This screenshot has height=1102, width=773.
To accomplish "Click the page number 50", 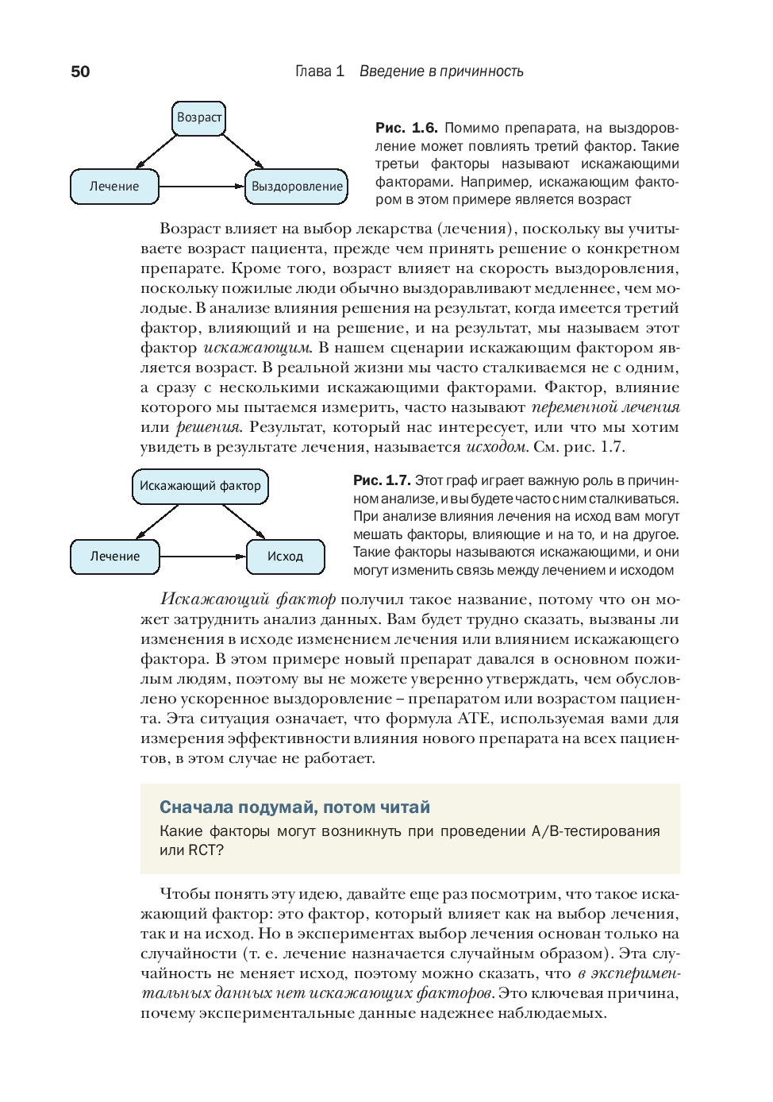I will click(x=80, y=71).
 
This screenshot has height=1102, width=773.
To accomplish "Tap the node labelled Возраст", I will click(x=199, y=118).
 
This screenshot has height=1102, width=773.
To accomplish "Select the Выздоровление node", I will click(x=297, y=187).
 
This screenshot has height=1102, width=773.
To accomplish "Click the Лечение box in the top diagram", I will click(x=114, y=187).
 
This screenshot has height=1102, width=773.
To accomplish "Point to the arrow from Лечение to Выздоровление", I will click(x=202, y=187).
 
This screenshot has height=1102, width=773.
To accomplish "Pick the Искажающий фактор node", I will click(x=200, y=486).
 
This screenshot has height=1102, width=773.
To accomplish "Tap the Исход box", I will click(x=285, y=557).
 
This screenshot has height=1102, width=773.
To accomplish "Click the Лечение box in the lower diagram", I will click(x=114, y=557).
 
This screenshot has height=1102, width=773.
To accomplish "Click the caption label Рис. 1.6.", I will click(x=406, y=128).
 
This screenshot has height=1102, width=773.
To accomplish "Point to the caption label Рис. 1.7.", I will click(x=382, y=480).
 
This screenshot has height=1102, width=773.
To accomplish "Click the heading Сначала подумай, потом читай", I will click(x=294, y=807).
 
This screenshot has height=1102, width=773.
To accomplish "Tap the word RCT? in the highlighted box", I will click(x=206, y=850).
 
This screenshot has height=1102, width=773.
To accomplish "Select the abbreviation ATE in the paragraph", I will click(x=467, y=719).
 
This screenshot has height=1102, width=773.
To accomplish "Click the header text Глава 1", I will click(x=319, y=71).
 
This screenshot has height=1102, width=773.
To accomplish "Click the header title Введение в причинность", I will click(x=441, y=71).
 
